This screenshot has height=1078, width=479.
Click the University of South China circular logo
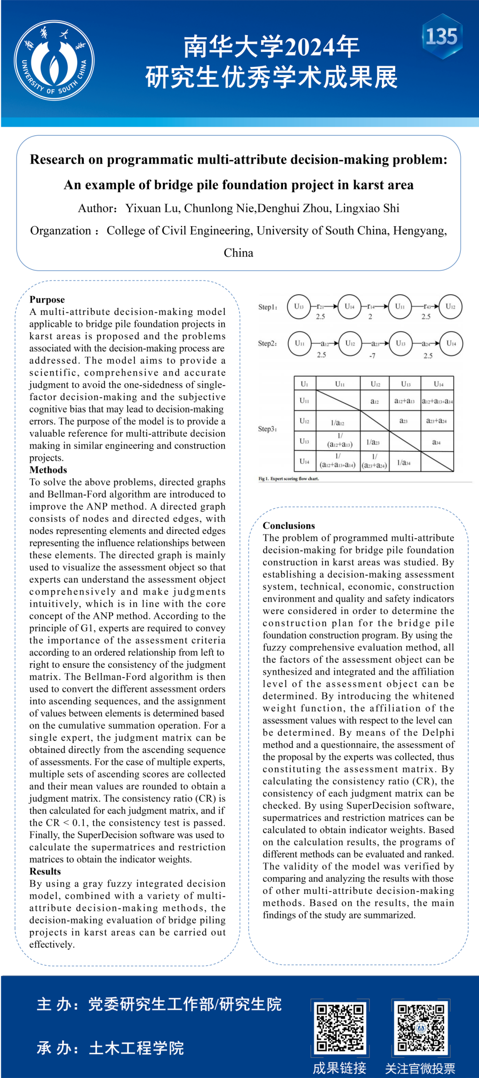[x=54, y=60]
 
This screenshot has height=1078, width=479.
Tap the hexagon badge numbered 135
[x=442, y=36]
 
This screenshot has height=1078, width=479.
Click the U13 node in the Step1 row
[x=299, y=307]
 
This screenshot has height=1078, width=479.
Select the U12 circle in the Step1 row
[x=451, y=307]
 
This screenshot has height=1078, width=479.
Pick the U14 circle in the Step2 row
[x=451, y=343]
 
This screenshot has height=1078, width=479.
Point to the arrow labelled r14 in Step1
[x=371, y=307]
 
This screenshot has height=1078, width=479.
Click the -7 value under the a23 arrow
[x=372, y=355]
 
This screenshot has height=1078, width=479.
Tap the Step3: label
[x=267, y=429]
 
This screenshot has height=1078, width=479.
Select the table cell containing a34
[x=436, y=442]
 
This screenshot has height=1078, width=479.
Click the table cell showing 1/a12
[x=338, y=422]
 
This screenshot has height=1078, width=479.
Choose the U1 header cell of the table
[x=305, y=384]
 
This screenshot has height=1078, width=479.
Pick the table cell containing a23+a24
[x=436, y=421]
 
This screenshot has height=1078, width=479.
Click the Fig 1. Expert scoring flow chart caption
[x=289, y=479]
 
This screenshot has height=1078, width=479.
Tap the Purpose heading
[x=47, y=299]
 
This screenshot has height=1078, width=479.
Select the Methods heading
[x=48, y=470]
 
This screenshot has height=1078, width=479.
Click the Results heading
[x=45, y=871]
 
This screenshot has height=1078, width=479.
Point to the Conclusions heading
[x=289, y=526]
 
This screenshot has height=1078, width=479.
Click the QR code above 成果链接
[x=340, y=1027]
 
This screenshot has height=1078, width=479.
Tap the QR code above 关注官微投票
[x=420, y=1027]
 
